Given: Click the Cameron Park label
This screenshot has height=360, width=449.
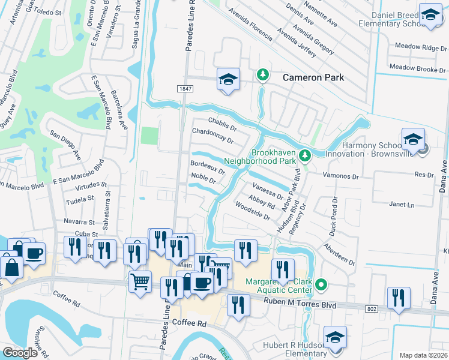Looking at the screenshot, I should pos(313,77).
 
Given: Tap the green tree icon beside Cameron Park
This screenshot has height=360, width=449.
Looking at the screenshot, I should pos(262,75).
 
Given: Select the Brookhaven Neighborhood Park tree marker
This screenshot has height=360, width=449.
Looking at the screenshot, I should pos(305,156).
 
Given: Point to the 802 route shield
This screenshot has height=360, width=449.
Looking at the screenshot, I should pos(371,308).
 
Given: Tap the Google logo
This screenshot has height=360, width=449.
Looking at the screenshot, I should pos(20,352).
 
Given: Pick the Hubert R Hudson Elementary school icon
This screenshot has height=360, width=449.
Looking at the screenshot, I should pos(335,337).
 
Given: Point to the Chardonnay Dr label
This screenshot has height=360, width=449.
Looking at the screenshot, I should pos(212,135).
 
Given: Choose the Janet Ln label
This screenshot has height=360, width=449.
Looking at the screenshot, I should pos(402,205).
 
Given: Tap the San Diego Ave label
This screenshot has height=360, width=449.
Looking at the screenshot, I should pos(65,145).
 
